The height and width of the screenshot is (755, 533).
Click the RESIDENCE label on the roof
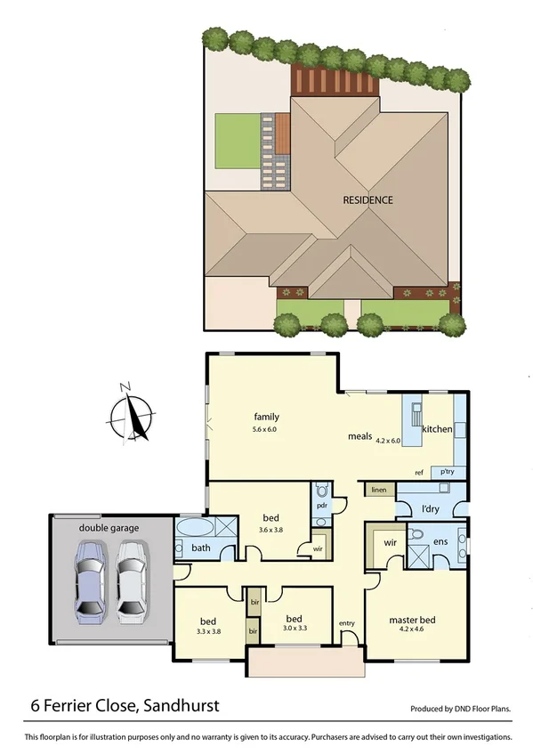pyautogui.click(x=367, y=200)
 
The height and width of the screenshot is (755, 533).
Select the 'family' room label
pyautogui.click(x=267, y=417)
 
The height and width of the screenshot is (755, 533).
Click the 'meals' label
pyautogui.click(x=359, y=438)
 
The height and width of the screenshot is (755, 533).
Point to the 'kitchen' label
pyautogui.click(x=437, y=430)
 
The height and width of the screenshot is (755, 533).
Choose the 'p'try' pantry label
pyautogui.click(x=441, y=472)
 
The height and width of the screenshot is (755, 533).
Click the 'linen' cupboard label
pyautogui.click(x=378, y=490)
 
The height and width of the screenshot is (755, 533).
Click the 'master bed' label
pyautogui.click(x=413, y=620)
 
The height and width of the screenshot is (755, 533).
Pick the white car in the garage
pyautogui.click(x=130, y=579)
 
